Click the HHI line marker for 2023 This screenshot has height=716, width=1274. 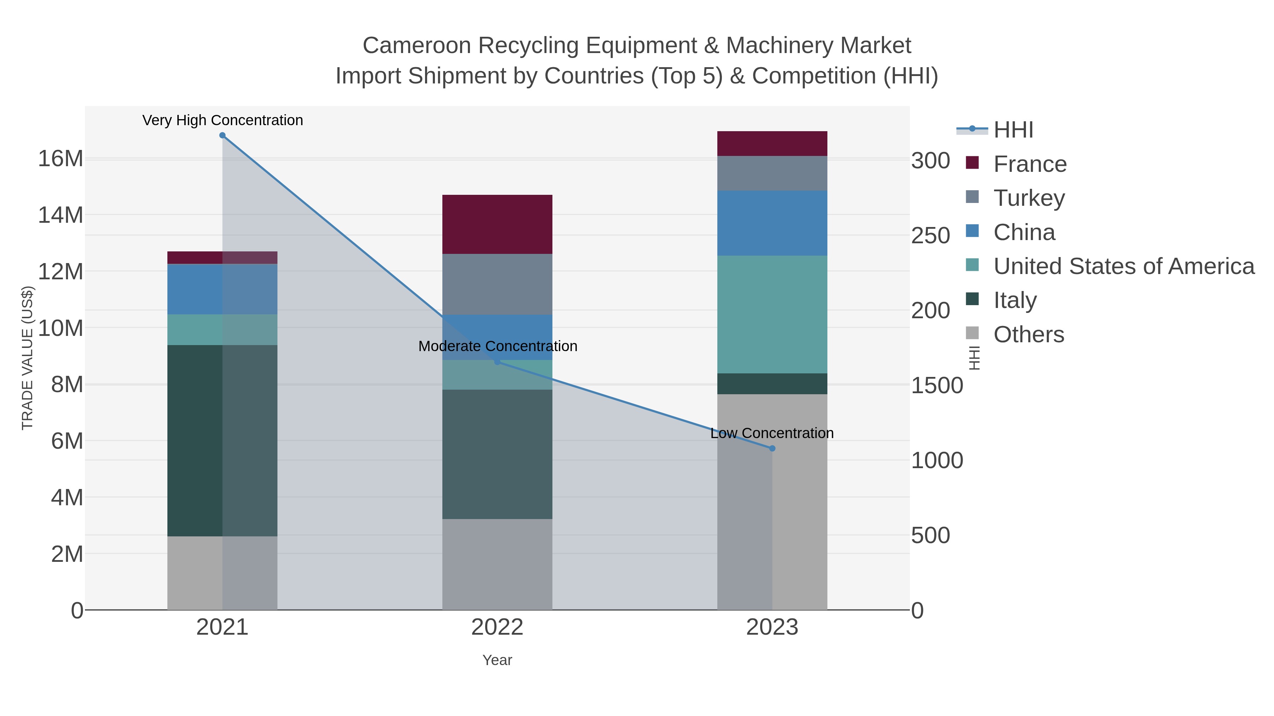(x=772, y=448)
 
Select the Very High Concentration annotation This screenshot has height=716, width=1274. (x=223, y=121)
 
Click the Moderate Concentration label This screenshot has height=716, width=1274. (x=498, y=347)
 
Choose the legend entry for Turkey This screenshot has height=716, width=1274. (x=1029, y=198)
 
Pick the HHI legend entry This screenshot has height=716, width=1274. (x=1013, y=130)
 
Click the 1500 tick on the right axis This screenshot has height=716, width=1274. (x=936, y=386)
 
